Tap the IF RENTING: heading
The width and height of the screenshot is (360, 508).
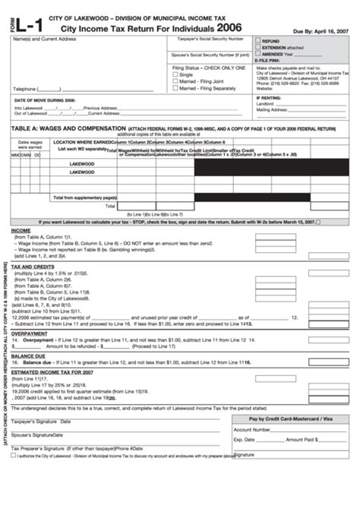(x=270, y=98)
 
